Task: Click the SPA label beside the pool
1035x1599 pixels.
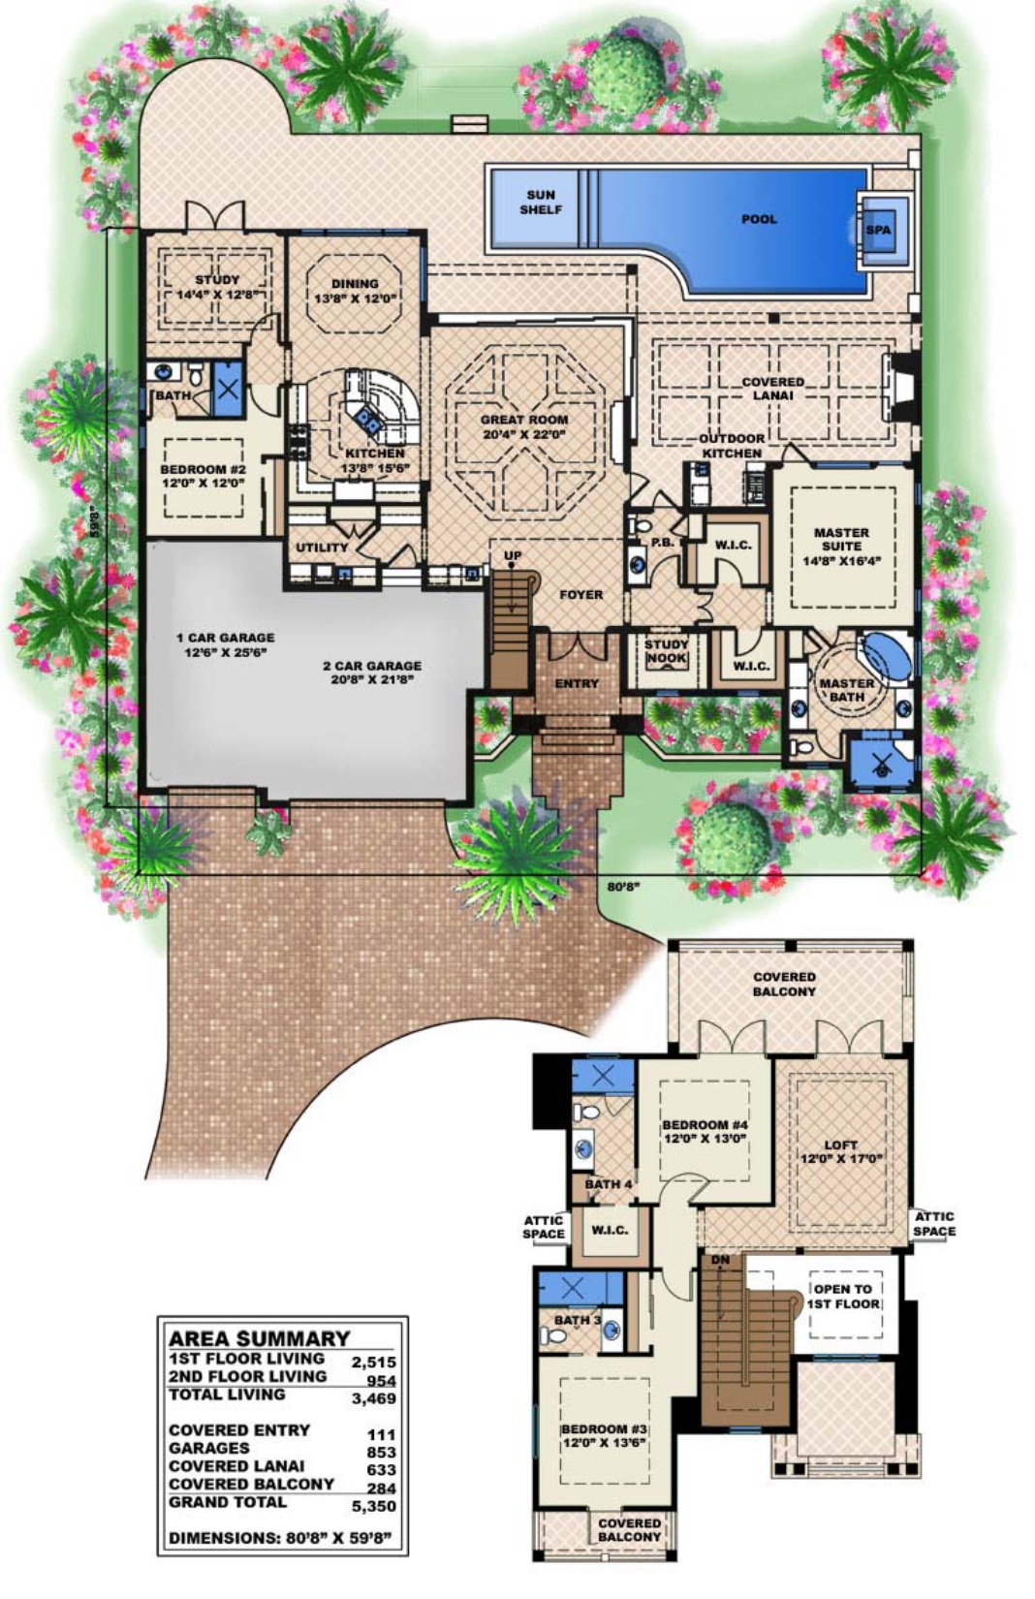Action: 880,231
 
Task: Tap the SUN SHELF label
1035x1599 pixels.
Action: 541,203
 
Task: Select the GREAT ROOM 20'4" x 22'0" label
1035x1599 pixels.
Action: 524,427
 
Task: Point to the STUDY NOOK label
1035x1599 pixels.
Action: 666,651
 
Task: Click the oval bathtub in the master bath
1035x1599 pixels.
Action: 886,656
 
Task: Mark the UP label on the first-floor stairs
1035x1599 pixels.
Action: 513,556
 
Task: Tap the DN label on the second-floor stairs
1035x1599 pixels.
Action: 720,1260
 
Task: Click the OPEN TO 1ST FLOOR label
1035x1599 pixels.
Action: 842,1297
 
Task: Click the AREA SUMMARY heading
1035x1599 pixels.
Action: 259,1339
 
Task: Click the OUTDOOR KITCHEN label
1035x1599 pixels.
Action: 732,446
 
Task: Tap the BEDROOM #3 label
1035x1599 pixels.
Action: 603,1436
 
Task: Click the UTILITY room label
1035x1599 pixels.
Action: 322,548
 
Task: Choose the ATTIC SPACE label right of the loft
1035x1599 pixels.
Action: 934,1224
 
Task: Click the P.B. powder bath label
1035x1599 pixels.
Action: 662,543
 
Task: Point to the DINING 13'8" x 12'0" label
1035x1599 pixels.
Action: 355,291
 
